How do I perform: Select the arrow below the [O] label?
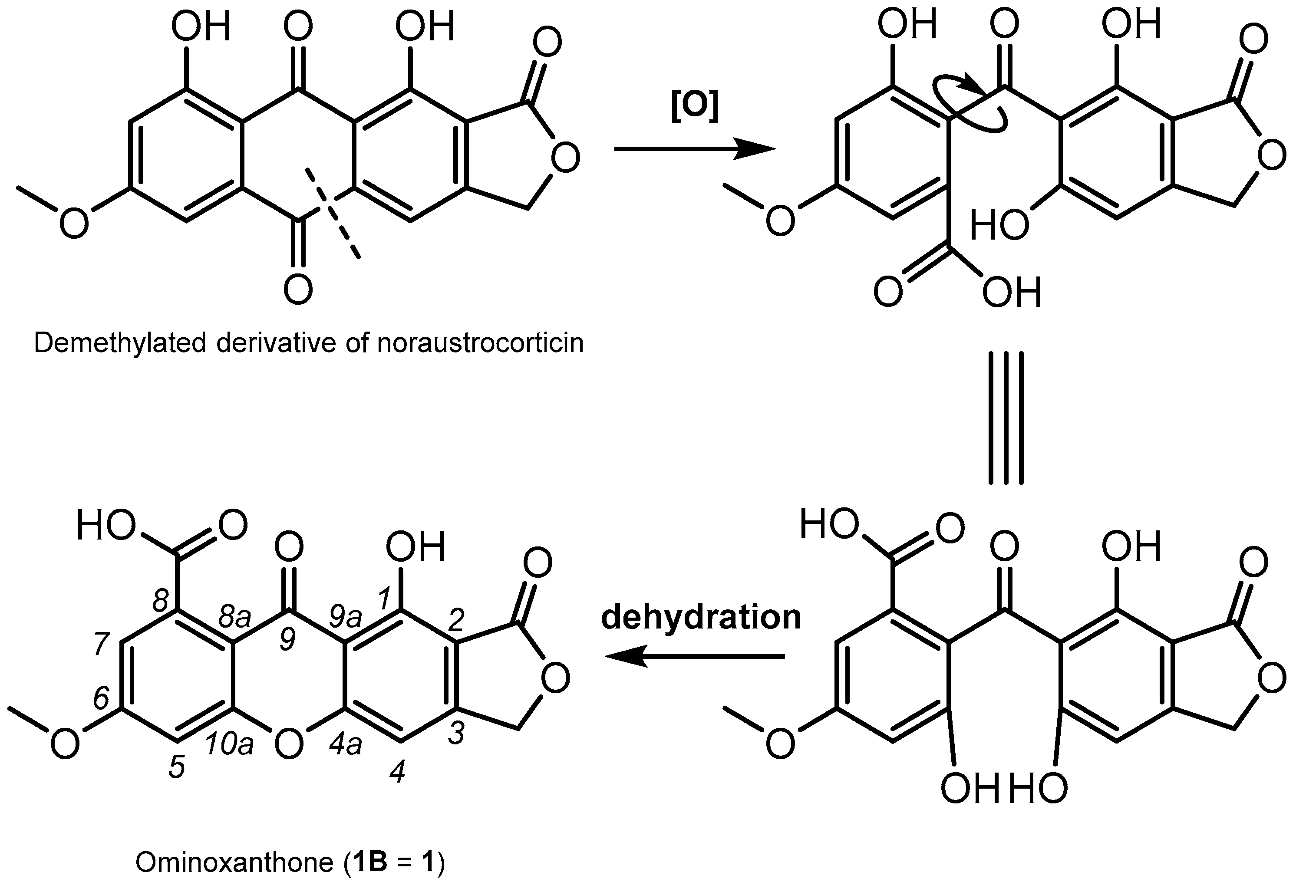click(x=694, y=149)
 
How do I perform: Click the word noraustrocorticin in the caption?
click(x=480, y=343)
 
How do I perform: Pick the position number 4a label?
click(x=345, y=745)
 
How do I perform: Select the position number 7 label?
click(x=101, y=645)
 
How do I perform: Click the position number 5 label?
click(x=177, y=768)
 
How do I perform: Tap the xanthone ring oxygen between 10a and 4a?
click(x=290, y=744)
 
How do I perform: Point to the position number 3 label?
click(x=456, y=734)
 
